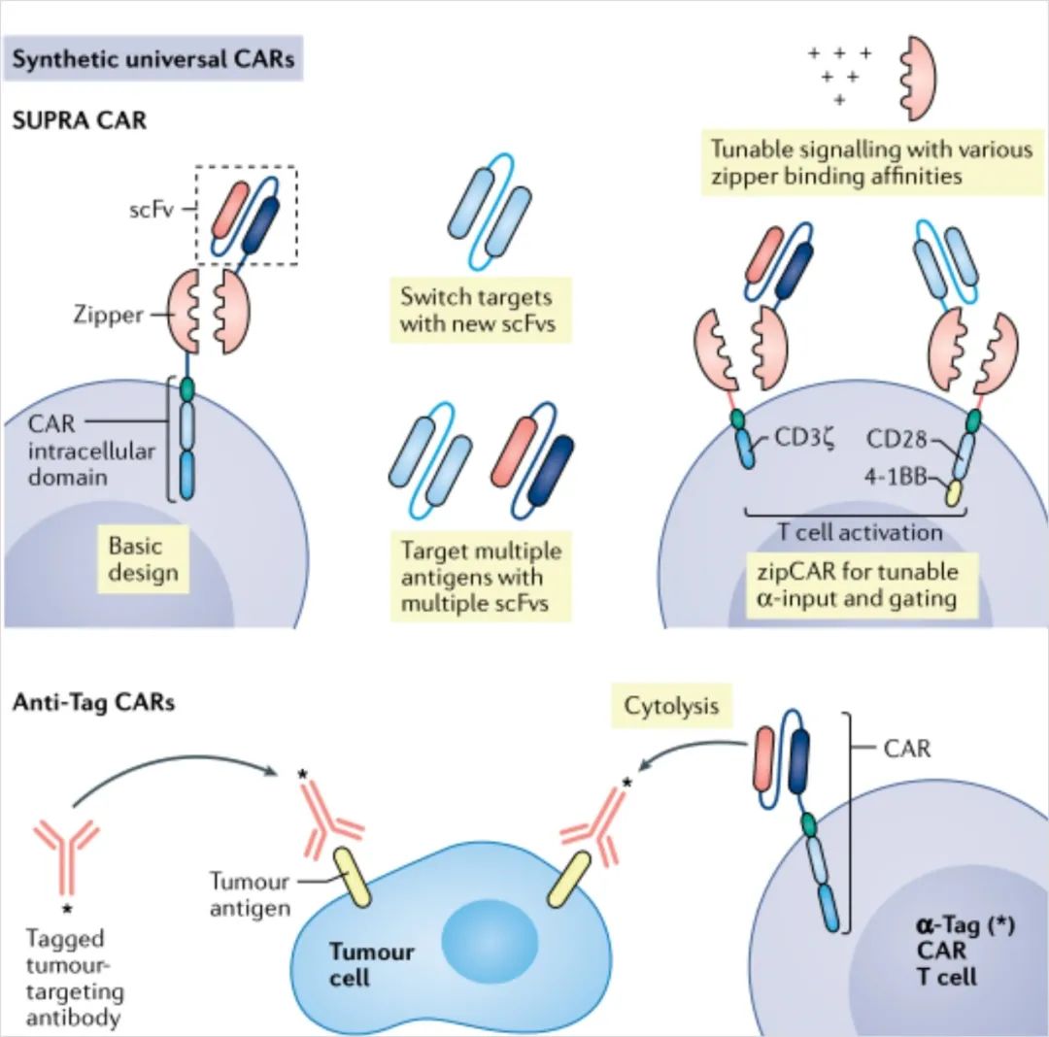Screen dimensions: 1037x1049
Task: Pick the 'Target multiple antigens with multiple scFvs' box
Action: point(482,577)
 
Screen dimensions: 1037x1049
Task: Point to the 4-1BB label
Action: point(897,477)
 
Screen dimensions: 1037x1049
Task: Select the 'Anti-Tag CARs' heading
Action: point(93,701)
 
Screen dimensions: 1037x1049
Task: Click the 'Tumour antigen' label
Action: point(251,894)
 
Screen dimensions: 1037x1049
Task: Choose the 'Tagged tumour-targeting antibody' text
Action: point(75,979)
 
